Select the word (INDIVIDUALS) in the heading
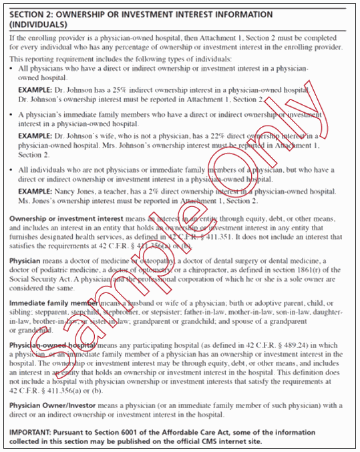[x=37, y=24]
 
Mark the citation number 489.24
[x=285, y=345]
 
